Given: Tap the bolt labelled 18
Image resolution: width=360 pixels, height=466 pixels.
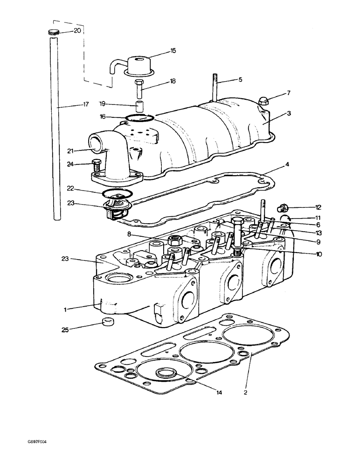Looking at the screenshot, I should (x=139, y=87).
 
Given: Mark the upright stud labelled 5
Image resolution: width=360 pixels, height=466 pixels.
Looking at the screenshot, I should (x=216, y=86).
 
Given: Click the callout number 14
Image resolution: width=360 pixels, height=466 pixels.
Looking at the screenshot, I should (x=219, y=393).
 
